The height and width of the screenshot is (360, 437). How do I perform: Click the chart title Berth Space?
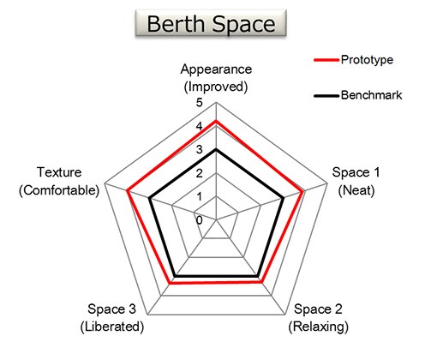tap(211, 23)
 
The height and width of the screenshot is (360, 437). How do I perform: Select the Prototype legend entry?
tap(353, 60)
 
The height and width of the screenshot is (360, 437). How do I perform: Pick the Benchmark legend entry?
tap(357, 95)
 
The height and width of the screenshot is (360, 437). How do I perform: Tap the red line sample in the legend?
tap(326, 60)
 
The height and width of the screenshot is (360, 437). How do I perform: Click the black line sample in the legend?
tap(326, 95)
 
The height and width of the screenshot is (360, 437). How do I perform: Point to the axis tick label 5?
tap(200, 103)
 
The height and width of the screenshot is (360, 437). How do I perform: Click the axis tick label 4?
tap(200, 126)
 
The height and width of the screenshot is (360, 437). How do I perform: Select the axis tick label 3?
tap(200, 149)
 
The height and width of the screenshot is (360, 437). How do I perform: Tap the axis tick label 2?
tap(200, 173)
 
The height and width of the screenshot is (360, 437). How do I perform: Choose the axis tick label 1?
tap(200, 196)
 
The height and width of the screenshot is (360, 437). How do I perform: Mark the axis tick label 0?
tap(200, 220)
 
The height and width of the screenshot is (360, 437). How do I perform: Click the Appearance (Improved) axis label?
tap(216, 78)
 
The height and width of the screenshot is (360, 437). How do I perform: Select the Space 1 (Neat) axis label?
tap(356, 182)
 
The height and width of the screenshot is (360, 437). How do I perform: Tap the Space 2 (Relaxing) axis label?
tap(318, 318)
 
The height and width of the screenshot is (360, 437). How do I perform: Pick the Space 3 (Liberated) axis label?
tap(112, 318)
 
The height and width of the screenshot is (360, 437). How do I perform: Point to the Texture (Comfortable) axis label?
tap(59, 182)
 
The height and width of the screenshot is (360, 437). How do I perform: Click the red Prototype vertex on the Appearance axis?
tap(216, 121)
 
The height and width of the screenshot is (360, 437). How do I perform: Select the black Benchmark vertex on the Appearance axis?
tap(216, 149)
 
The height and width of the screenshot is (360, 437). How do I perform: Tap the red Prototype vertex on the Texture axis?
tap(128, 191)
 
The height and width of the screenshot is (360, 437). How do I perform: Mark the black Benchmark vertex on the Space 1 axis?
tap(284, 198)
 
